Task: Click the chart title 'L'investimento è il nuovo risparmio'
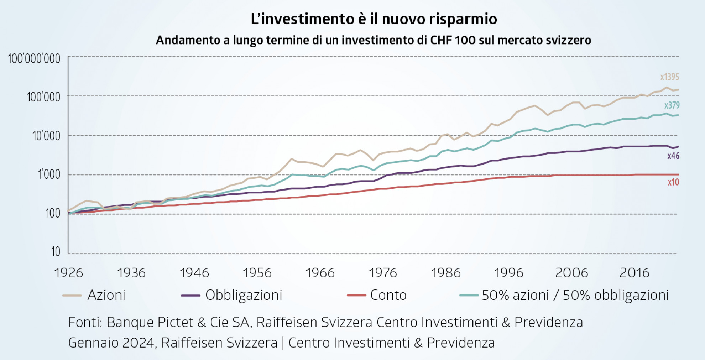[374, 19]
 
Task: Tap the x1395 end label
[669, 77]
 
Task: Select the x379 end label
[672, 105]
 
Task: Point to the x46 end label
[673, 156]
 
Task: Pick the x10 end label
[673, 182]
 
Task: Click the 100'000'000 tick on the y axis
[34, 59]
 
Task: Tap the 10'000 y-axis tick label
[46, 136]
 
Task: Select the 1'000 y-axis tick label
[49, 174]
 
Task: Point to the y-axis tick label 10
[56, 252]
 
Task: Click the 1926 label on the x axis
[68, 273]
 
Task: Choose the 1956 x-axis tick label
[257, 273]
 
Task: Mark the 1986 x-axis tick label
[446, 273]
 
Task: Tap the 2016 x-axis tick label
[634, 273]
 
